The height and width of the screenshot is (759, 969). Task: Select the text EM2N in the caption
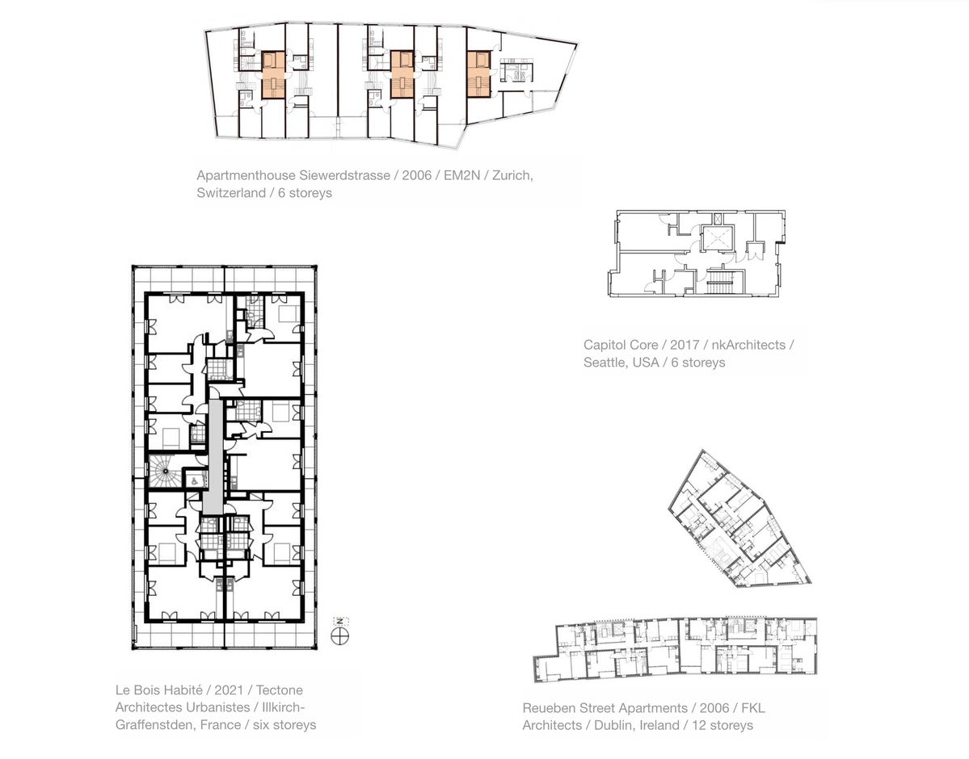(460, 175)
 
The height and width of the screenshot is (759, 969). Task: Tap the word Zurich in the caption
(512, 175)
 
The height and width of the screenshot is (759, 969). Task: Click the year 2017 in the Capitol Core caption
(684, 346)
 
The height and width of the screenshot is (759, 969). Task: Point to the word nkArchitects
(748, 346)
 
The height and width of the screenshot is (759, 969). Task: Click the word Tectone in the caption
(280, 690)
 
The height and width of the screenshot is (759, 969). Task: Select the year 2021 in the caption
(229, 690)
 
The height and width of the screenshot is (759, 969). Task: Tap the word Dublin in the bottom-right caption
(614, 726)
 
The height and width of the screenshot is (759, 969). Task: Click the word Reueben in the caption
(550, 708)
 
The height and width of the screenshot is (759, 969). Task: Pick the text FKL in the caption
(752, 708)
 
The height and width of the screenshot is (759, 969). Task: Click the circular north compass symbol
(340, 636)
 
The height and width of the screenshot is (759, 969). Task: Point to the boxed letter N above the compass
(340, 621)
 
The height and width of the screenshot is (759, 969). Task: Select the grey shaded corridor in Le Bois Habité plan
(212, 456)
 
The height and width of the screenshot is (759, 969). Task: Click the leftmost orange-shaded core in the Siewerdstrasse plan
(272, 75)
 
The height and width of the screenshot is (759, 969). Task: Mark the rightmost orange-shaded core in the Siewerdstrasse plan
(479, 75)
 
